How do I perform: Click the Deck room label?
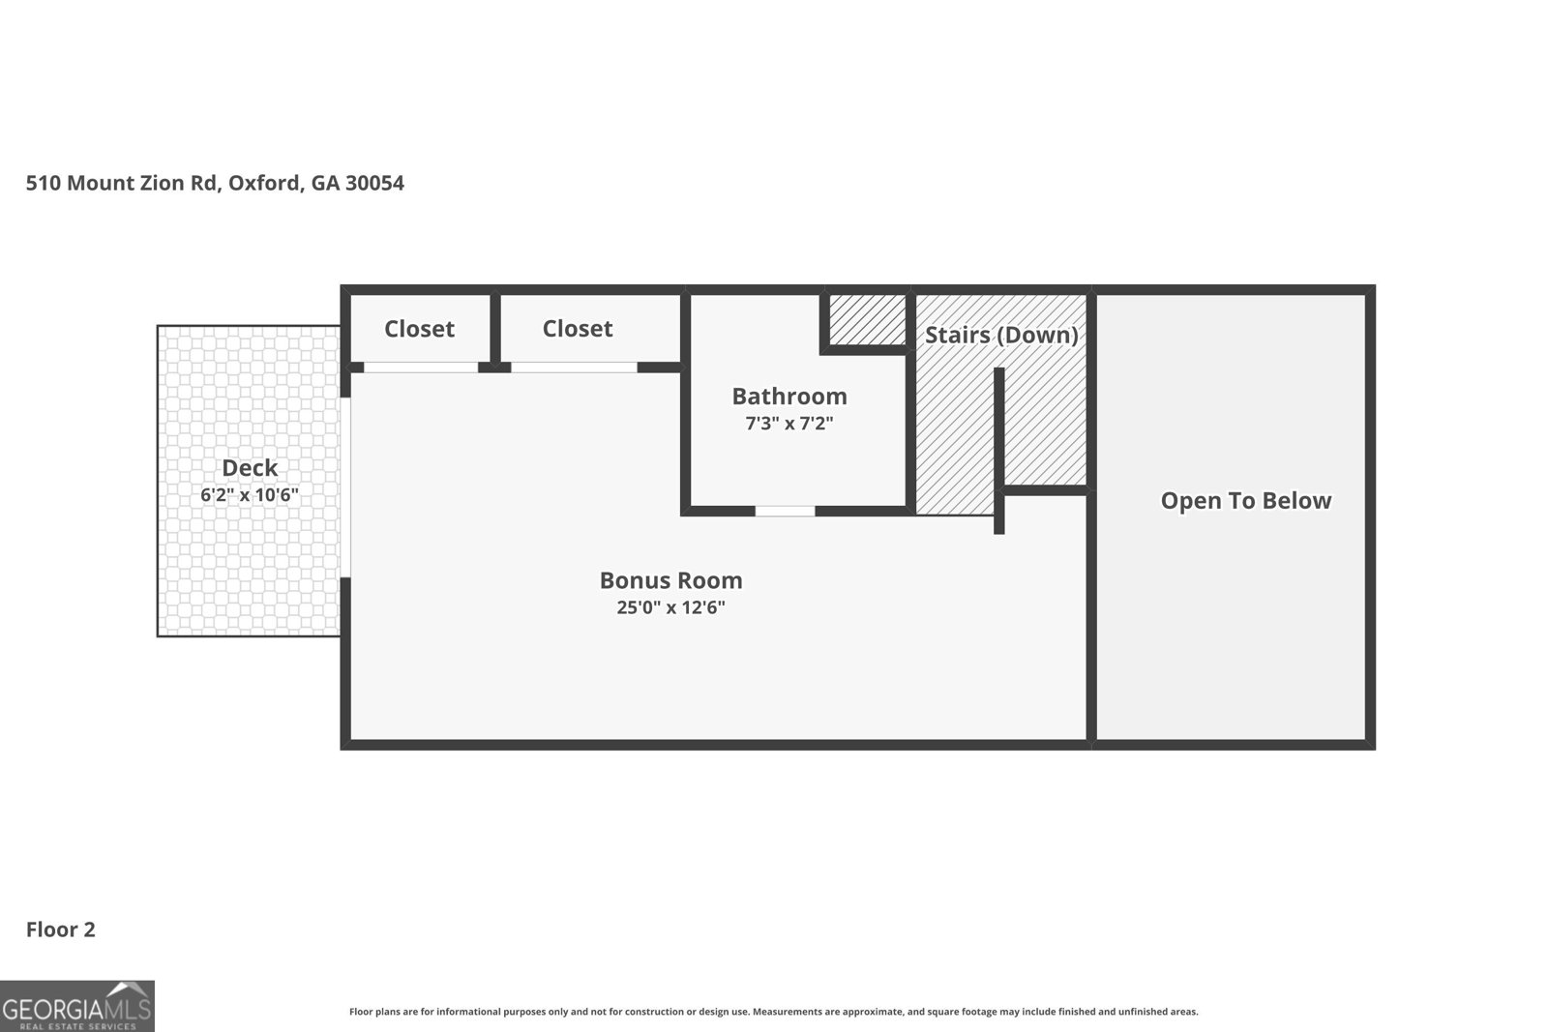250,468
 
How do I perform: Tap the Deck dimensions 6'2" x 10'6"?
250,495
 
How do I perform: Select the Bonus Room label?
670,580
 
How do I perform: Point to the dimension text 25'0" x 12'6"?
670,608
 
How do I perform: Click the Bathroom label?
789,396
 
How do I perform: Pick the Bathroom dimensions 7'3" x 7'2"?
789,424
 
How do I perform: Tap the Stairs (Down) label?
1001,335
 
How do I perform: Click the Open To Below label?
1246,500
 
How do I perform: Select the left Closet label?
419,329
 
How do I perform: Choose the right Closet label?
578,329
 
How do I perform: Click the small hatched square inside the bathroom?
867,318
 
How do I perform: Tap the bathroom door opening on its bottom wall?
785,511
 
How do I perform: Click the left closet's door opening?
421,368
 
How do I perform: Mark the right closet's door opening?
574,368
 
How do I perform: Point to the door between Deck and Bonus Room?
345,487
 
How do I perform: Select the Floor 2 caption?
61,929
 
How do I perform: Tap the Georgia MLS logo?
76,1006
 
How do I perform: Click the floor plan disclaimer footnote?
773,1012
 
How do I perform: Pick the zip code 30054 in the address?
374,183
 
